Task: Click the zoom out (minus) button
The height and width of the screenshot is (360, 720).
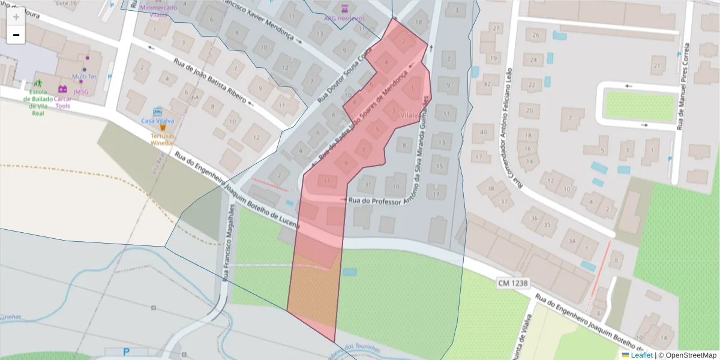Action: pos(16,35)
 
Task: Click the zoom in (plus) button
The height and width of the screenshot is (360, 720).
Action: pos(16,17)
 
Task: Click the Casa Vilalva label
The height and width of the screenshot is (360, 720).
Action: pos(157,121)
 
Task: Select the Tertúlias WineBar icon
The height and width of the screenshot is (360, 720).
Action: pos(162,128)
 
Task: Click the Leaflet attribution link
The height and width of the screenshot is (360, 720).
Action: pos(641,355)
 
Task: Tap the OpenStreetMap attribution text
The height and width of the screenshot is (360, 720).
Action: pos(691,355)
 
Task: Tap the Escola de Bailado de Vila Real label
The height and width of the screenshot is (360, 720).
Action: pos(38,103)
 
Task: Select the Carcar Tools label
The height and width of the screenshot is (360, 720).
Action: pos(63,102)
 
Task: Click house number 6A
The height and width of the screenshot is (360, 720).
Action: pos(194,97)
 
